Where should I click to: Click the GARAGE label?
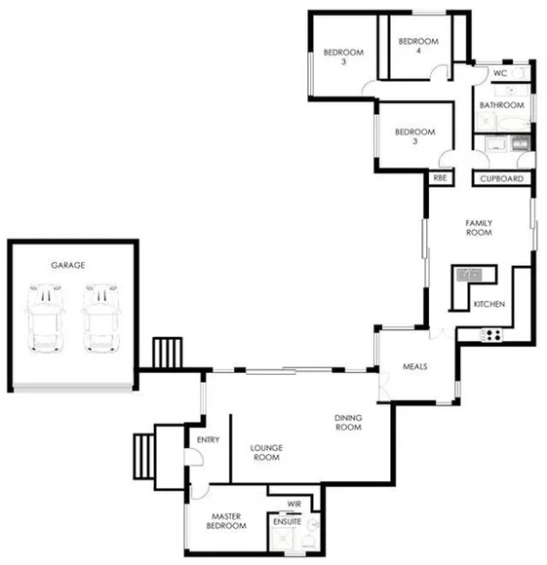(x=68, y=265)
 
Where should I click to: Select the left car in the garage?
(x=45, y=318)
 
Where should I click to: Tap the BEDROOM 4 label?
(x=419, y=47)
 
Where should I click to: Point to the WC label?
(x=499, y=73)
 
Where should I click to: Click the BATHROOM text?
(x=502, y=105)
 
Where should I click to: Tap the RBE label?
(x=440, y=179)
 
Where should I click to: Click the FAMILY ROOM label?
(x=478, y=228)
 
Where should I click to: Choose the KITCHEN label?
(x=488, y=306)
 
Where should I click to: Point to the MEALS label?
(x=416, y=367)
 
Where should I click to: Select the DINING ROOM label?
(x=348, y=423)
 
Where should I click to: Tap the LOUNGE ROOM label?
(x=265, y=453)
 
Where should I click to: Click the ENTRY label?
(x=208, y=440)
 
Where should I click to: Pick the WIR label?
(x=293, y=504)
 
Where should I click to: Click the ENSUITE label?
(x=287, y=522)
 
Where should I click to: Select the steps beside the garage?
(x=169, y=353)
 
